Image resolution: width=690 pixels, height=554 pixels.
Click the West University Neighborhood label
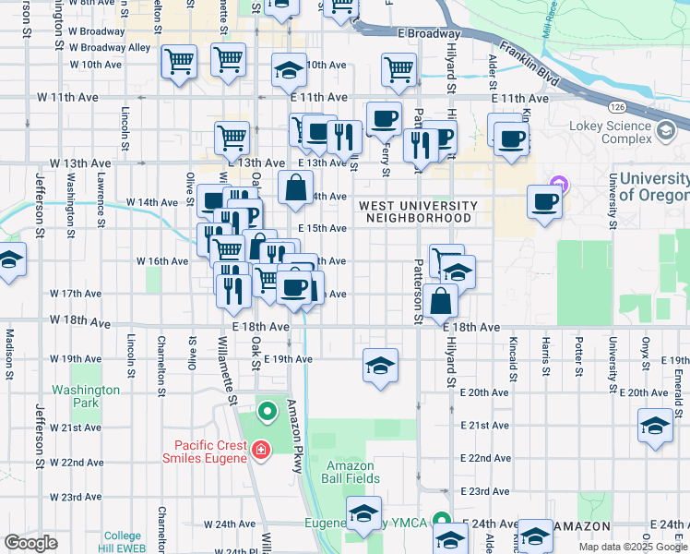[x=418, y=211]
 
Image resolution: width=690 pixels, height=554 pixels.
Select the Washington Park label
[x=86, y=396]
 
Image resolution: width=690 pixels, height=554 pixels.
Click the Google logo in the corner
[x=30, y=543]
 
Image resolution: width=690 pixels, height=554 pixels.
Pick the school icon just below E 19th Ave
[x=380, y=367]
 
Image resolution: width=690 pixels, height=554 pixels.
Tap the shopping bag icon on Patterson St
[x=442, y=300]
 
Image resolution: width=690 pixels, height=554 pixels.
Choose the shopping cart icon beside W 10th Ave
[x=179, y=63]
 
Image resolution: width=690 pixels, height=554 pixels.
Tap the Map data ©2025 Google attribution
[x=633, y=547]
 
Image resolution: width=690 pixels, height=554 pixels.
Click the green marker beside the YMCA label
[x=442, y=523]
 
